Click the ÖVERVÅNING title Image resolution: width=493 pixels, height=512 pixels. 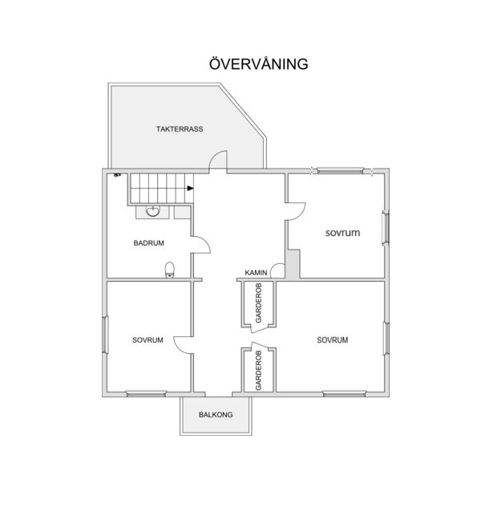coord(259,63)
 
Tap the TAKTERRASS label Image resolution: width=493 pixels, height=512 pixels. coord(180,129)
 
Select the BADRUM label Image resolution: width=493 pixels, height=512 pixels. coord(148,243)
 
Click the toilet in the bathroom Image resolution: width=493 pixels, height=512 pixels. coord(170,270)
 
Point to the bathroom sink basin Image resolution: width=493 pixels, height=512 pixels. coord(152,211)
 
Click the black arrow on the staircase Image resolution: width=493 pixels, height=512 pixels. coord(191,189)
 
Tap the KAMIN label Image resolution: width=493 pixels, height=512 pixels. coord(257,273)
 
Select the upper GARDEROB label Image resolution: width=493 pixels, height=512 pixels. coord(259,303)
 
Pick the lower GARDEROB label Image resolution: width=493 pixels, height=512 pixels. coord(259,370)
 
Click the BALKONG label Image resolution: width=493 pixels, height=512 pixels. coord(216,415)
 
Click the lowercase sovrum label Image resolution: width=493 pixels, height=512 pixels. coord(342,233)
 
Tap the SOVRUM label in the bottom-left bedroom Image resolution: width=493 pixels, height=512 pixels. coord(147,340)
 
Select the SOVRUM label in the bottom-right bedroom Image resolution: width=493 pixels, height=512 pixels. coord(333,340)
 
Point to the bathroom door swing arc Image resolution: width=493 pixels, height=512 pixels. coord(206,242)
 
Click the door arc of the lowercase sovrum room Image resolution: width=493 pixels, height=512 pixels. coord(301,215)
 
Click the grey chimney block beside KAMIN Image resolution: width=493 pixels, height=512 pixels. coord(293,264)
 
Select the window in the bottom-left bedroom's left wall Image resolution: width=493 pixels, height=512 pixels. coord(105,335)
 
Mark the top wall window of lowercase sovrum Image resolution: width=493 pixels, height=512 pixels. coord(341,170)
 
